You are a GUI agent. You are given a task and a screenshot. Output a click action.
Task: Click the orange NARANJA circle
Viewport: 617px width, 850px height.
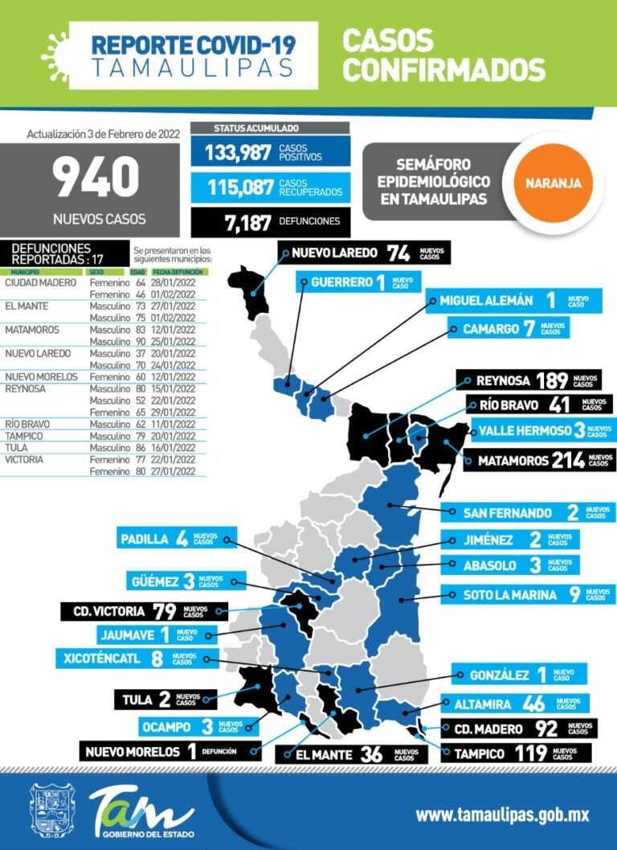[x=554, y=183]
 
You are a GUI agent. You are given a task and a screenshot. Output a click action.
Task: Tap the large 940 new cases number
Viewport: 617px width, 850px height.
[x=96, y=179]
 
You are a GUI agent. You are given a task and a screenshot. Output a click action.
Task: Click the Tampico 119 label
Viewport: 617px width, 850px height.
[x=514, y=754]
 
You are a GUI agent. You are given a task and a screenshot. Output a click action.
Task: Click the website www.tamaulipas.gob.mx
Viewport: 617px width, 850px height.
[x=501, y=815]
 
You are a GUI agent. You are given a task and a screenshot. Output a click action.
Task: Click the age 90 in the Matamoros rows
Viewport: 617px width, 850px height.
[x=141, y=341]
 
